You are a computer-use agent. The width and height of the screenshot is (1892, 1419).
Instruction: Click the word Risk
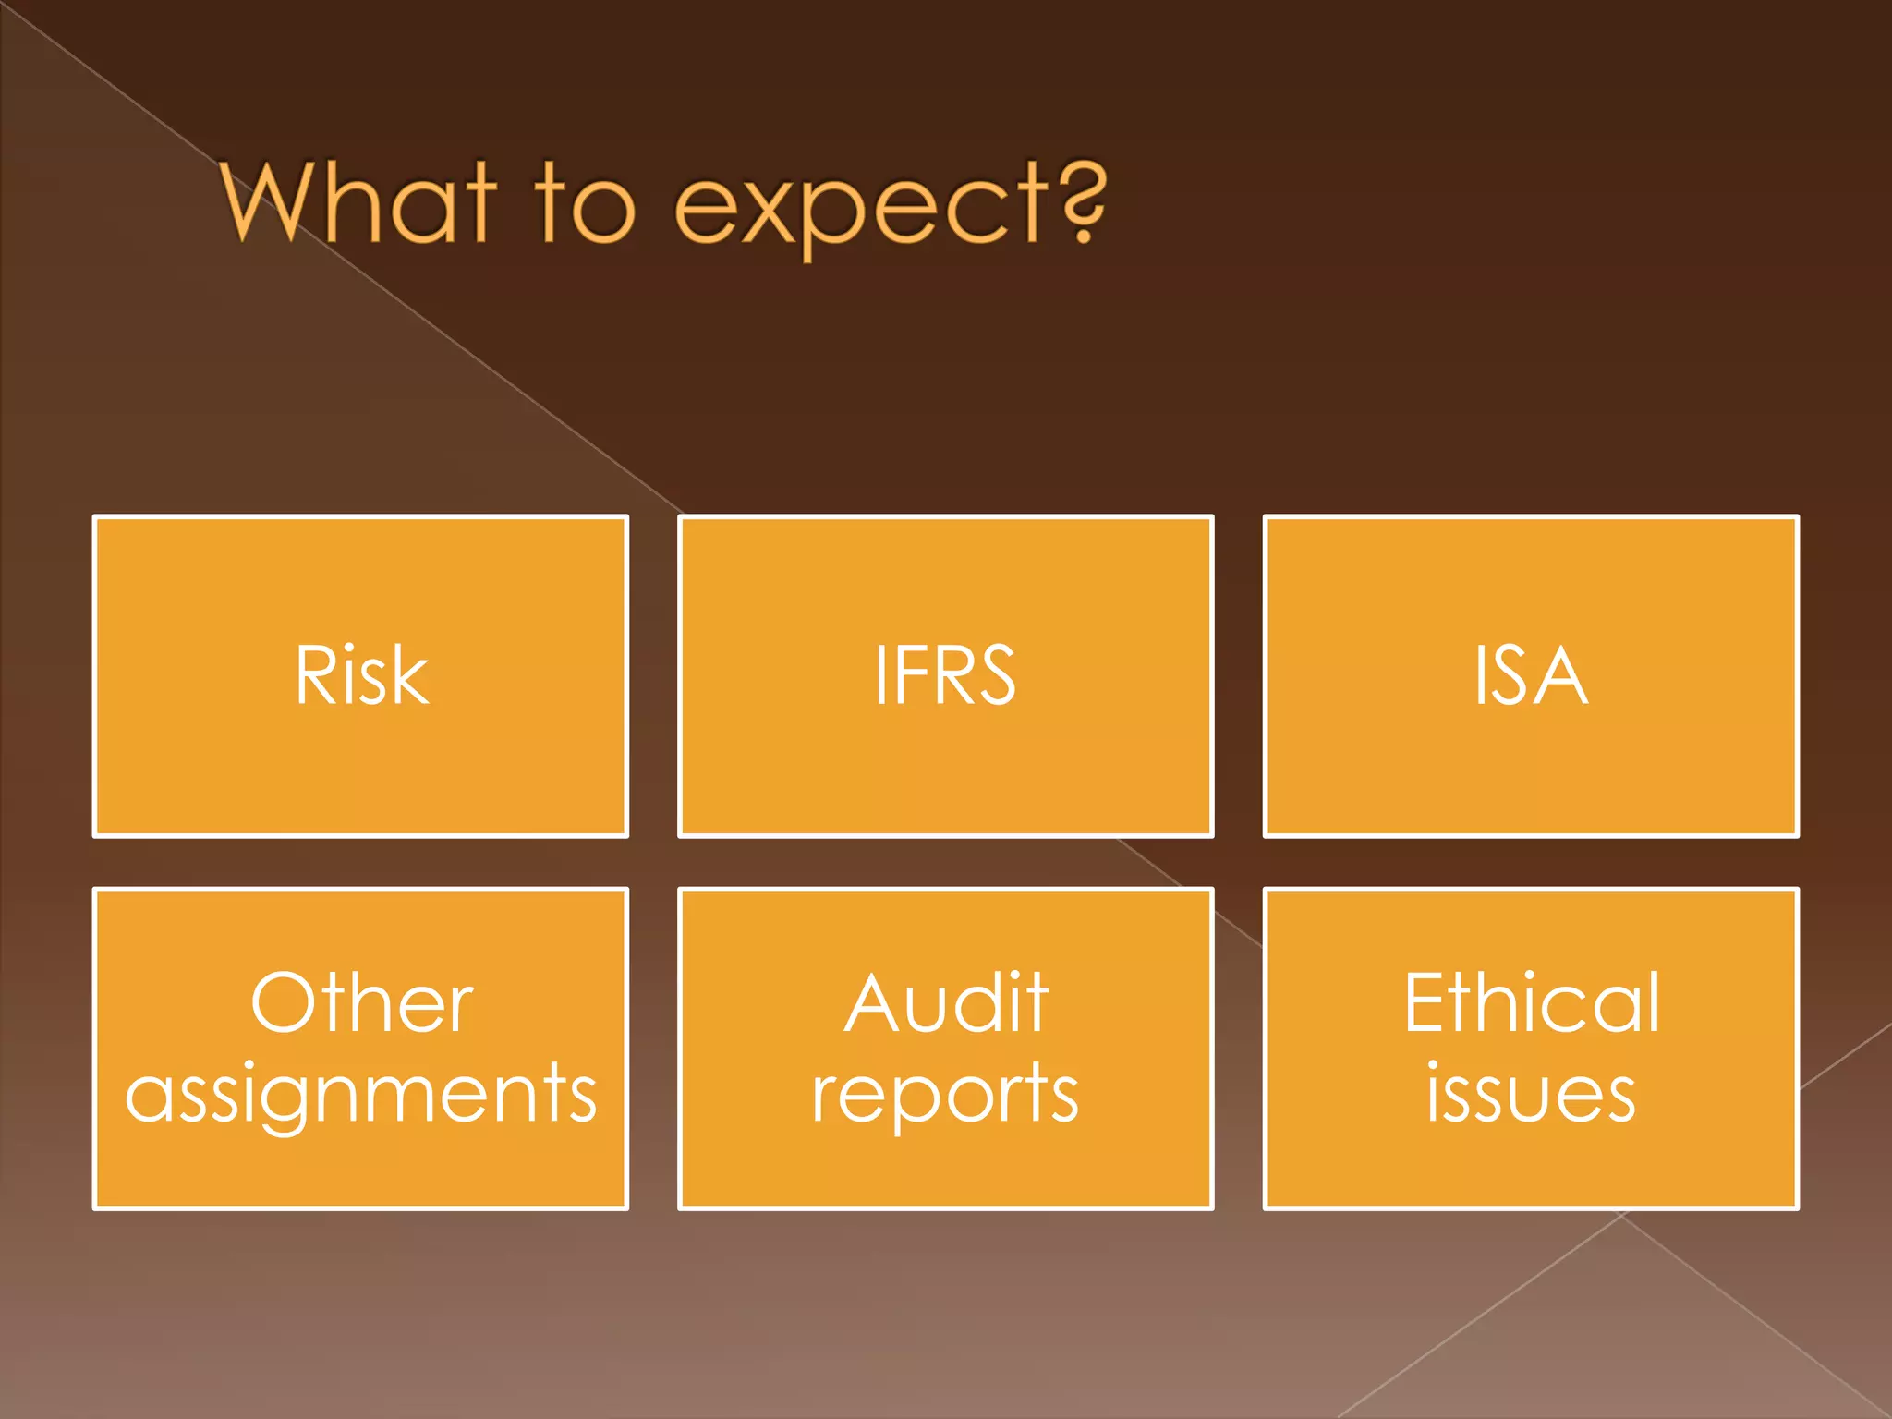(x=361, y=676)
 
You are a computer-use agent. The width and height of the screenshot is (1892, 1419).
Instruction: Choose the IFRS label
(x=945, y=676)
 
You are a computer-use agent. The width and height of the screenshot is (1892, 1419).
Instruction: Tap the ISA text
(x=1530, y=676)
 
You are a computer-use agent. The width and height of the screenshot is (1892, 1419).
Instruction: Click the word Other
(x=361, y=1003)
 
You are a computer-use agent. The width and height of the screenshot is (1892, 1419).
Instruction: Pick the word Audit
(x=946, y=1003)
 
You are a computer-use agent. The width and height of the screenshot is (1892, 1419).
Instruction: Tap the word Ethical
(x=1531, y=1003)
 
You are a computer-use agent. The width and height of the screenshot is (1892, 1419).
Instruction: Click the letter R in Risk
(x=314, y=676)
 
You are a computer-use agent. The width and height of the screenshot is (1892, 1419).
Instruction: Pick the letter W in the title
(x=270, y=201)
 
